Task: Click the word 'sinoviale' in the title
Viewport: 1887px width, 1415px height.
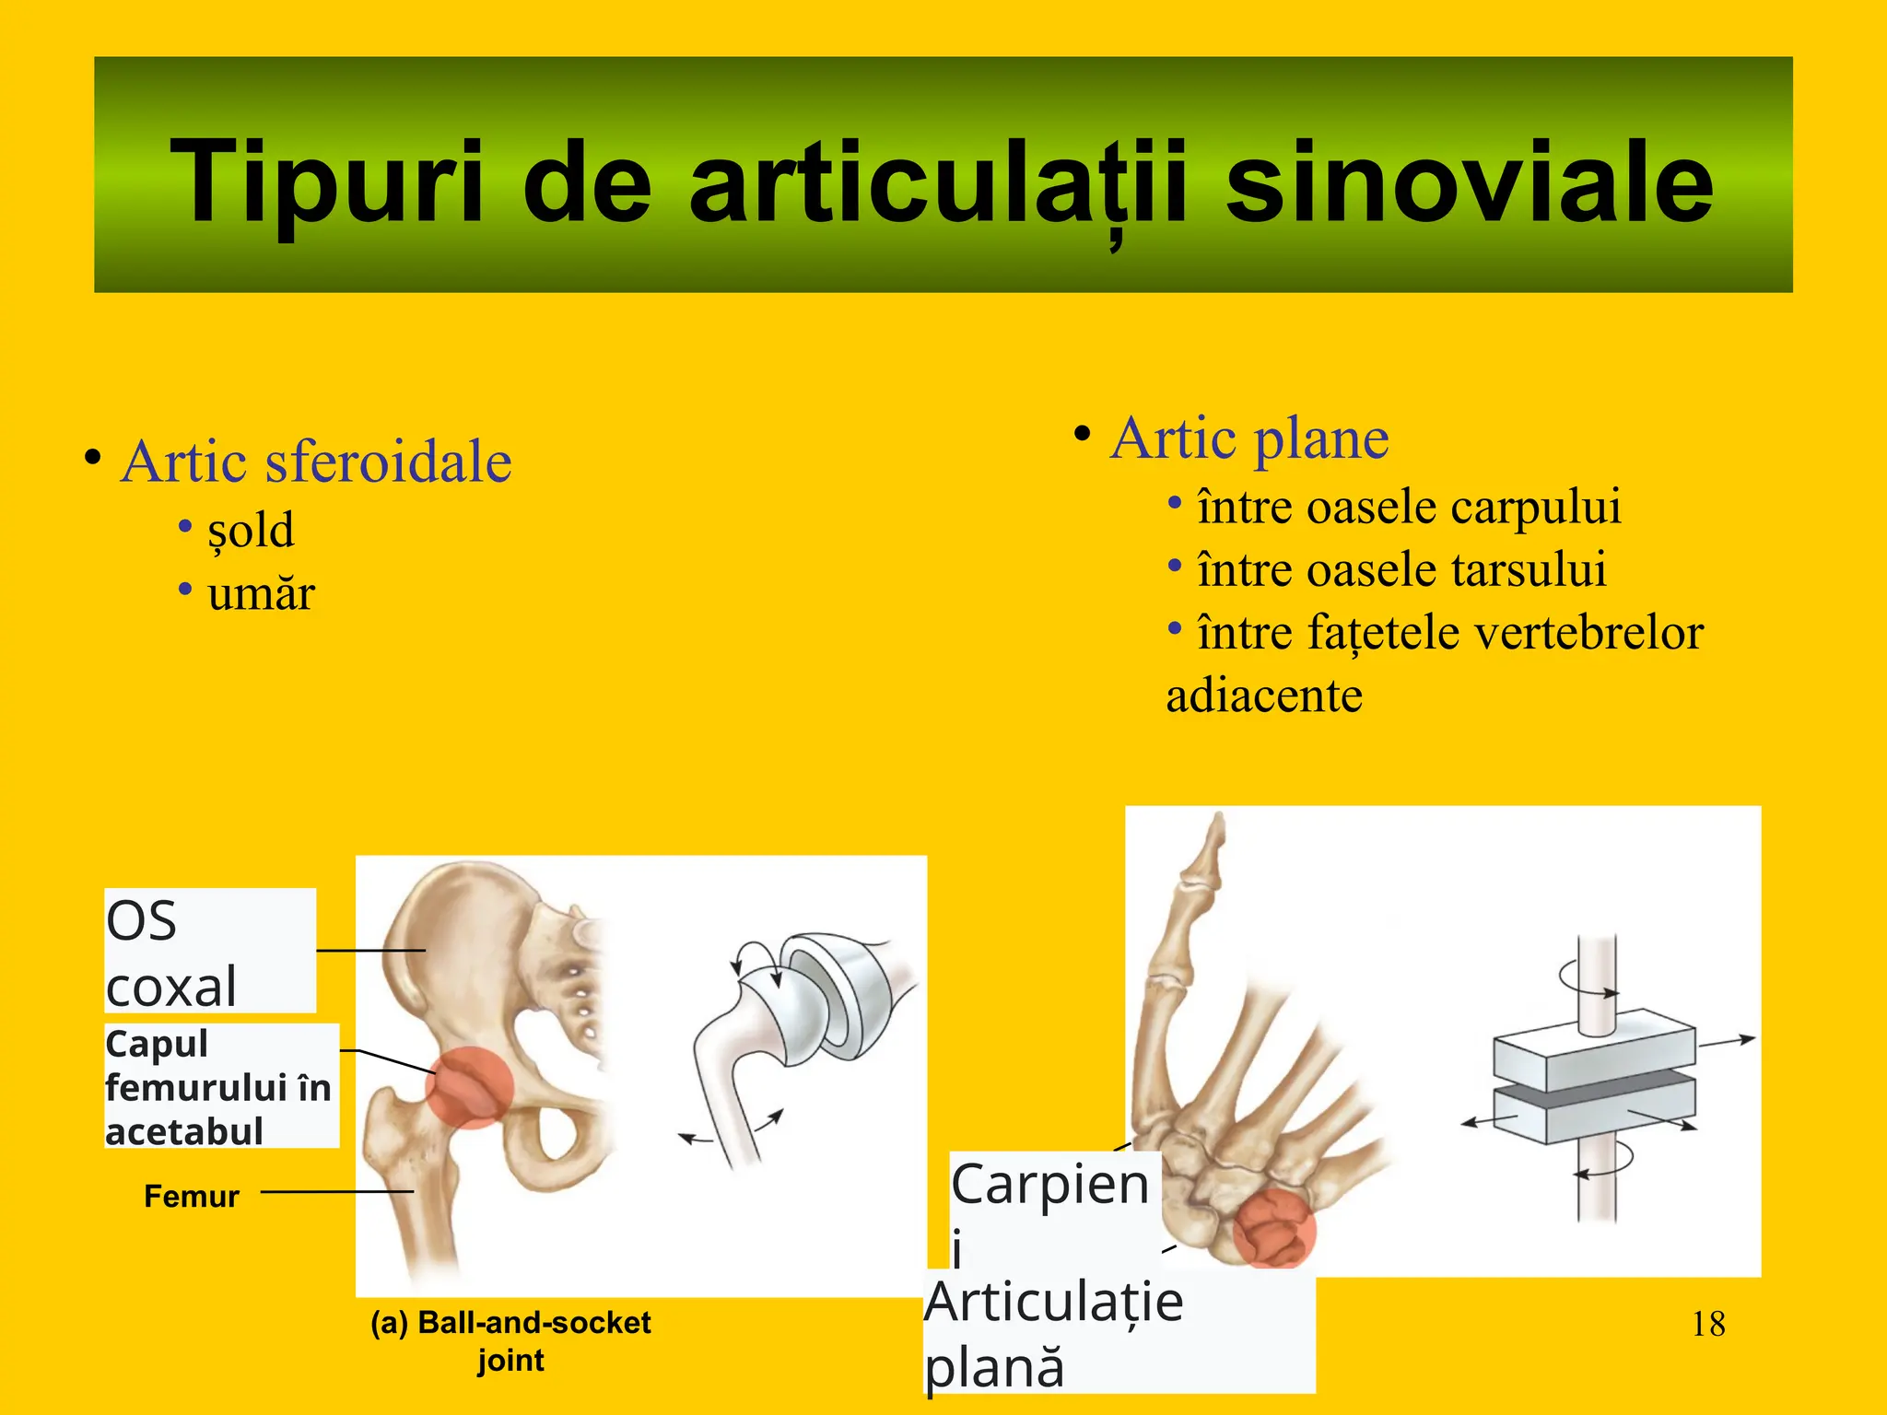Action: [x=1469, y=181]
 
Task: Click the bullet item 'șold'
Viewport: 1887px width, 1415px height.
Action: [x=251, y=531]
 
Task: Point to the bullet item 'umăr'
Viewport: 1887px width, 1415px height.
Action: [x=261, y=593]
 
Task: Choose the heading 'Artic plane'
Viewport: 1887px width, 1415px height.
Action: [x=1249, y=438]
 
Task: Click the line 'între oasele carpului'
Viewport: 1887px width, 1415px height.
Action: [x=1408, y=507]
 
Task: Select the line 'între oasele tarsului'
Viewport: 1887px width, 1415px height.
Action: [x=1401, y=569]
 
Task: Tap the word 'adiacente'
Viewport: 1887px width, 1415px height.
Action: [x=1264, y=696]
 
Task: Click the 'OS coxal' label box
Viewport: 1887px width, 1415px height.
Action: [x=210, y=951]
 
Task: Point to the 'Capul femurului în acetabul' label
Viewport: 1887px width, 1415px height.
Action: [x=221, y=1087]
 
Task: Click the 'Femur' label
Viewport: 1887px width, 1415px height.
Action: [x=192, y=1196]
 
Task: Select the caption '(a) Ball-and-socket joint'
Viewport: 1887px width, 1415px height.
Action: [x=510, y=1340]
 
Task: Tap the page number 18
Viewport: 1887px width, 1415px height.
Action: [x=1708, y=1325]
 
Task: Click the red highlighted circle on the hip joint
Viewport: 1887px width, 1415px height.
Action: [x=469, y=1088]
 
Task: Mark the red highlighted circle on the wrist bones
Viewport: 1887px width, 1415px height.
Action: [x=1273, y=1227]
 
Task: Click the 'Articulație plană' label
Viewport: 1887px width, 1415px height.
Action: [x=1055, y=1334]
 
